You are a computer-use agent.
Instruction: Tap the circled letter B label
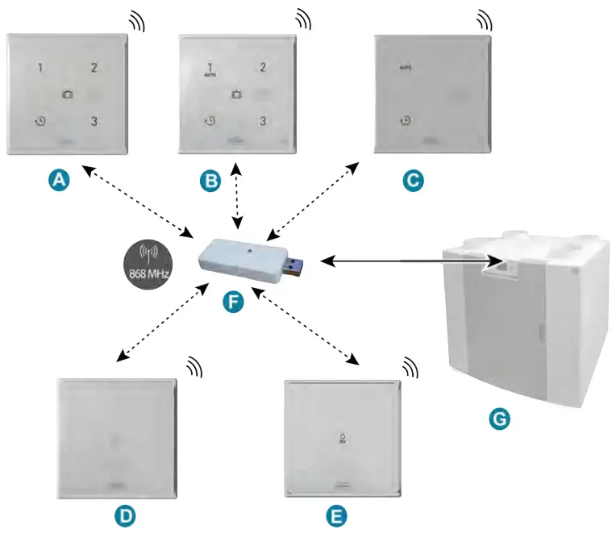(210, 181)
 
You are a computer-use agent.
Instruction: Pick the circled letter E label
(337, 514)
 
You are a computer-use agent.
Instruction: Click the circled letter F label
(233, 303)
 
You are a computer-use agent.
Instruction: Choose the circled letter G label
(501, 419)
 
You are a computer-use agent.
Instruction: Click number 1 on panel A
(40, 68)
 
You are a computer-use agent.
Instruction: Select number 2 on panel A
(94, 68)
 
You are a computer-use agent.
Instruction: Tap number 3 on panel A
(94, 122)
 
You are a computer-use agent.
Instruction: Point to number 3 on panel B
(262, 121)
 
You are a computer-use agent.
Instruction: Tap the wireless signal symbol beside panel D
(194, 368)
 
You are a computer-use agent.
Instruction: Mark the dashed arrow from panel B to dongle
(236, 194)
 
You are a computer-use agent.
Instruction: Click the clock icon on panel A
(40, 122)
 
